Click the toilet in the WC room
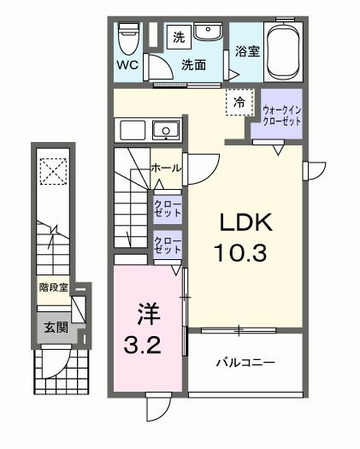pos(129,37)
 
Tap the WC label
pos(127,65)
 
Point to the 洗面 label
pos(192,65)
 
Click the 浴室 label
pos(247,51)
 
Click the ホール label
pos(165,168)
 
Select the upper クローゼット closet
pos(167,208)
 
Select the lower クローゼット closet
pos(167,246)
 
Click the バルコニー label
pos(244,363)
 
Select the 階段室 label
pos(54,288)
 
